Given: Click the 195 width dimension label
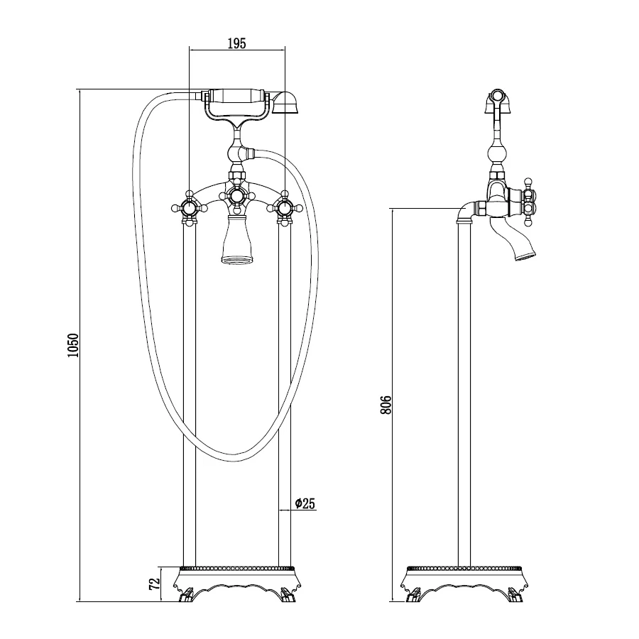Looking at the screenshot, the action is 236,43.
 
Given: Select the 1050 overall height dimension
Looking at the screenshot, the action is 73,346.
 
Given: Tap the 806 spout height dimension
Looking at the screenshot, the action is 386,405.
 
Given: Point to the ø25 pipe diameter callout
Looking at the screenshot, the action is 305,503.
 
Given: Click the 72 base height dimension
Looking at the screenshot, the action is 154,584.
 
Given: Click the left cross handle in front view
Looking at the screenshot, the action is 189,209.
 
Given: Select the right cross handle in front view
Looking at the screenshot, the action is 285,209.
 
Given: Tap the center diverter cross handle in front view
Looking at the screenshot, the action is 236,197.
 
